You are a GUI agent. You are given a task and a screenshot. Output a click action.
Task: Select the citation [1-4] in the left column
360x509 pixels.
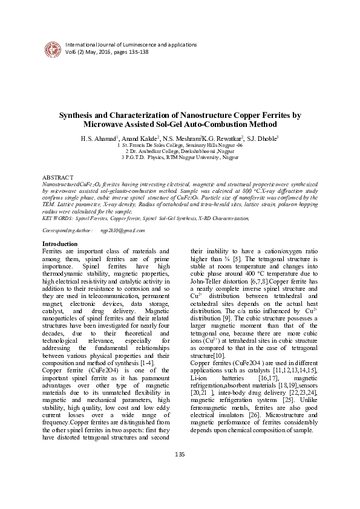pos(148,379)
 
